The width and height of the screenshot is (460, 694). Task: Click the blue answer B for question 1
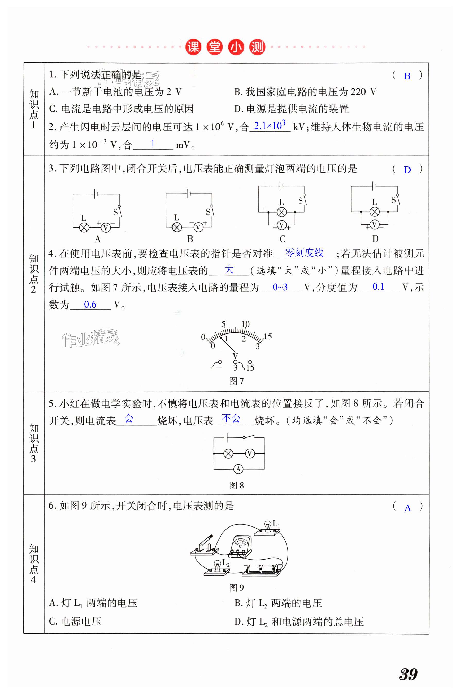coord(407,76)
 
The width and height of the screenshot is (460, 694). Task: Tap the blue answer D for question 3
coord(407,170)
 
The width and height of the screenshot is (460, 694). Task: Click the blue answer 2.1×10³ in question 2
coord(270,126)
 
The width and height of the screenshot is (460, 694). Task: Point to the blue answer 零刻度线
coord(304,252)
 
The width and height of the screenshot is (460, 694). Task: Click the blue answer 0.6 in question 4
coord(90,304)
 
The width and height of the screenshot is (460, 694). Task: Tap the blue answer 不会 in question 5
coord(231,418)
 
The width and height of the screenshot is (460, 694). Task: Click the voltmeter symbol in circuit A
coord(106,227)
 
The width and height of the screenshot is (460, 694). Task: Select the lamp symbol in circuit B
coord(177,227)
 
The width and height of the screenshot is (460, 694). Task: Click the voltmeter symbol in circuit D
coord(374,225)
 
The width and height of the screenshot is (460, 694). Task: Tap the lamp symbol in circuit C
coord(282,212)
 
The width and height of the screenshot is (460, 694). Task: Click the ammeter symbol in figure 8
coord(238,469)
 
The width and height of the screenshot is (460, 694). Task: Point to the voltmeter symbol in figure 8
coord(250,454)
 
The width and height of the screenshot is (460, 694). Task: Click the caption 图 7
coord(236,381)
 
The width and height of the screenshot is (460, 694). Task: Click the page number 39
coord(408,674)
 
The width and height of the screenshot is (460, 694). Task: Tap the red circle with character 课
coord(193,47)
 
